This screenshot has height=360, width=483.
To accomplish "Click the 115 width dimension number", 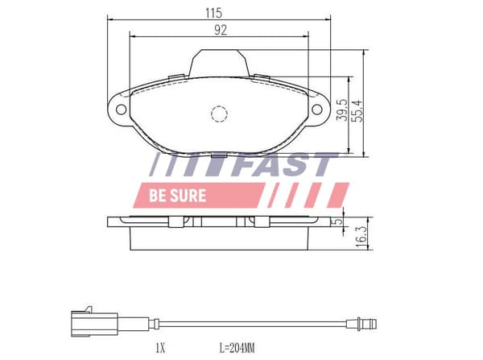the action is (x=213, y=13).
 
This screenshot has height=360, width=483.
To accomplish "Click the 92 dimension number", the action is (x=221, y=31).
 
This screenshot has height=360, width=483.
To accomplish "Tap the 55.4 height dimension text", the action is (x=357, y=110).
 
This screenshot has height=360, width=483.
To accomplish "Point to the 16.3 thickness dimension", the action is (x=361, y=237).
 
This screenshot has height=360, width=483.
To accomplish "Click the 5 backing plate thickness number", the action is (x=338, y=221).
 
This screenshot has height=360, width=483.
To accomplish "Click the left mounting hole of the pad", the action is (x=121, y=110).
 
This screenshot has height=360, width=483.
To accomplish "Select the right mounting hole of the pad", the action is (x=317, y=109).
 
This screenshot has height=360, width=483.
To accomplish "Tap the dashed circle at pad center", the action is (x=219, y=114).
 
